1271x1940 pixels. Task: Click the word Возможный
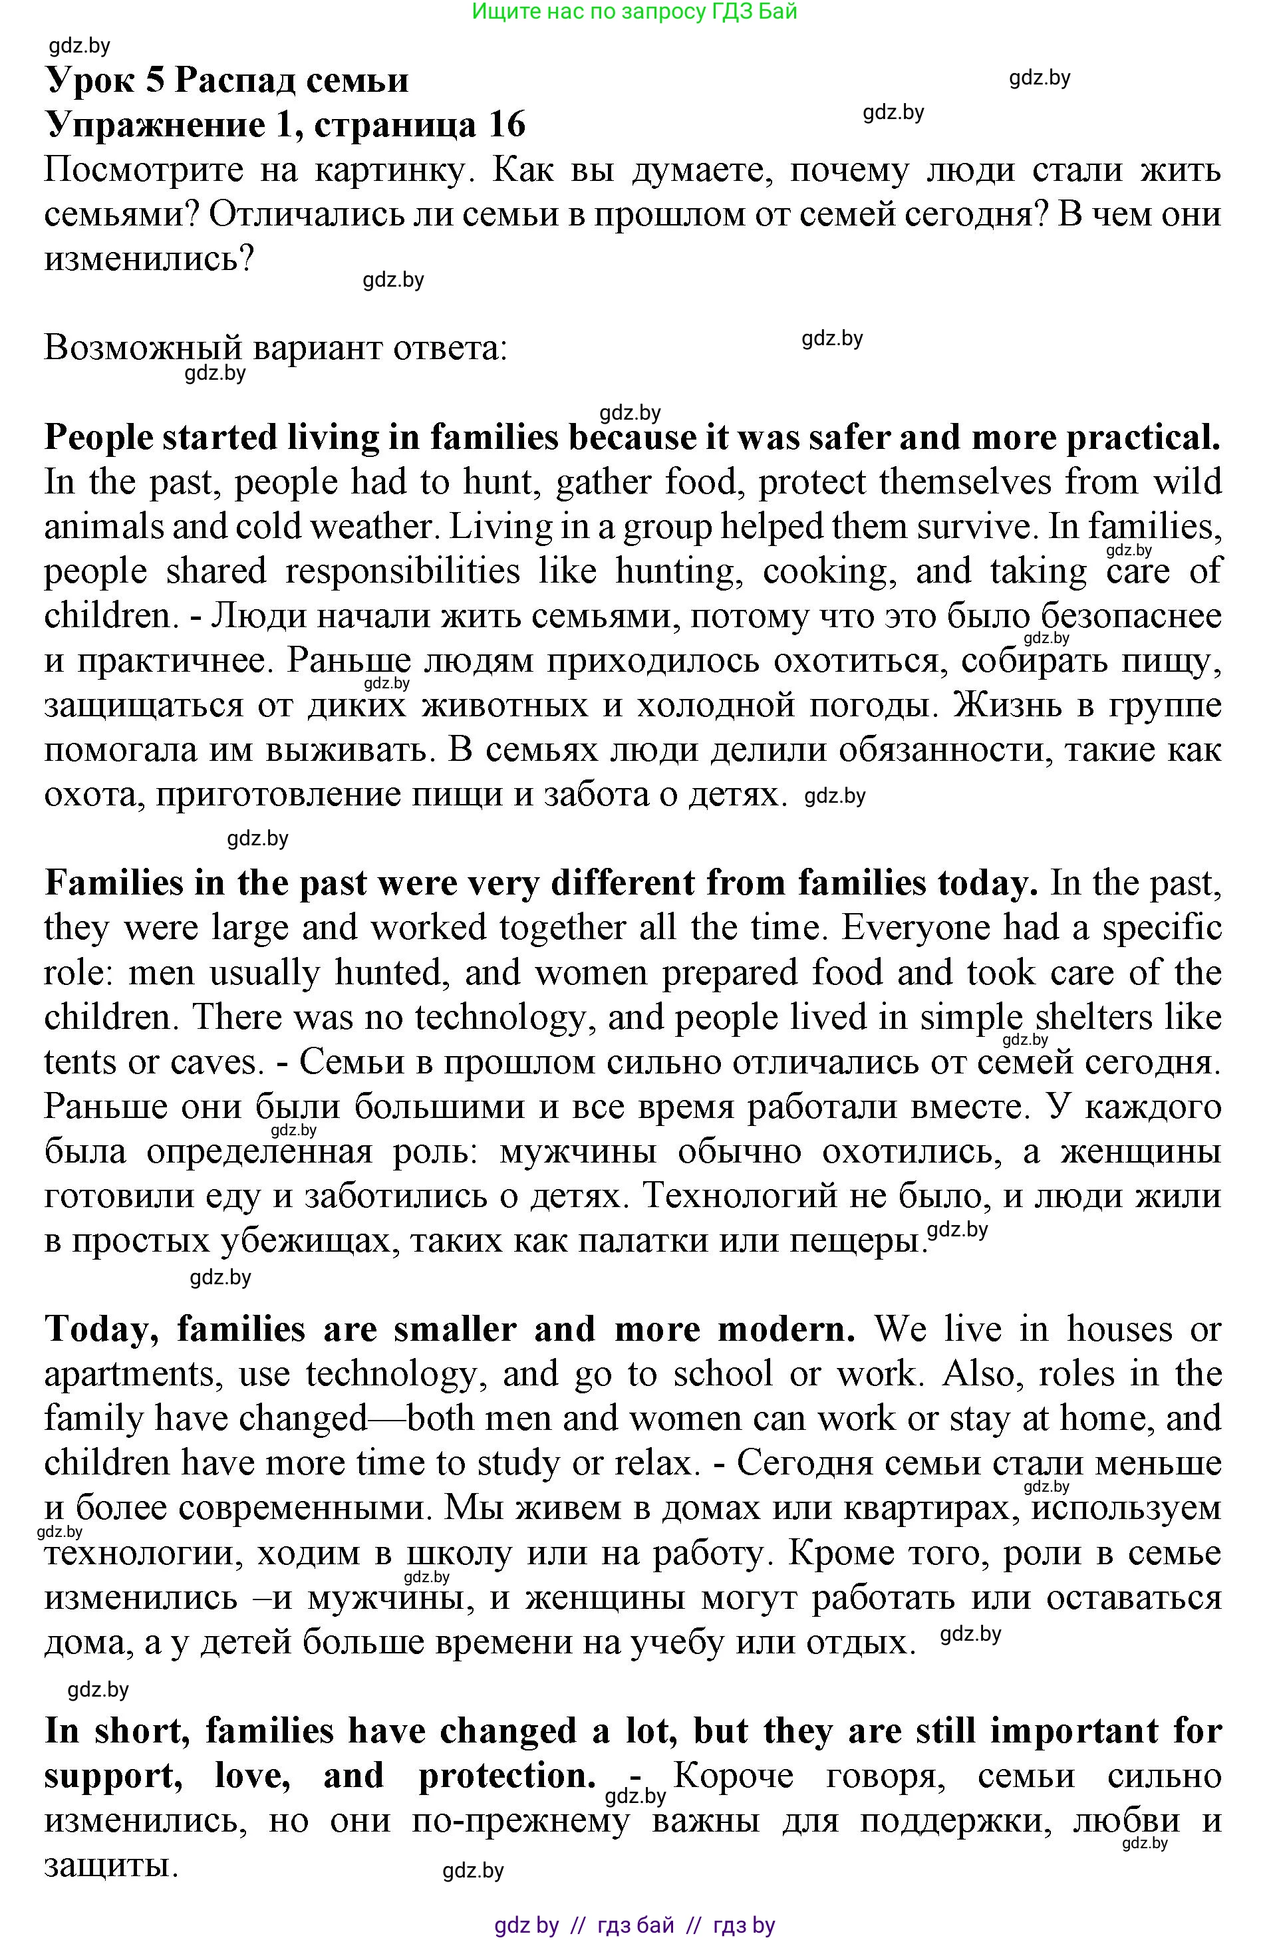(x=144, y=349)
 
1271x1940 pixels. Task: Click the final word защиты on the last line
(x=110, y=1866)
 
